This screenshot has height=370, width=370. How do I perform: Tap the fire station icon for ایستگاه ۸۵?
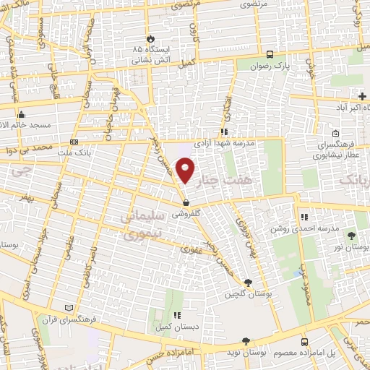coord(150,38)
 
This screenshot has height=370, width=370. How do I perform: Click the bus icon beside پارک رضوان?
coord(270,54)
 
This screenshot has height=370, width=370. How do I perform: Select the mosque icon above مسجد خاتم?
coord(22,114)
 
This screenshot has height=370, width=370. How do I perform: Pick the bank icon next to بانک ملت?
coord(74,142)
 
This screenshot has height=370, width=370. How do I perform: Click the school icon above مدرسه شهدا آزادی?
coord(224,132)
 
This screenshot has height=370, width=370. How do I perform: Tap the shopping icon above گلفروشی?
coord(186,204)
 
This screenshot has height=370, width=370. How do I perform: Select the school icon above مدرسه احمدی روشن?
coord(304,215)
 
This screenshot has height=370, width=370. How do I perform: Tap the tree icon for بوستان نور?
coord(352,236)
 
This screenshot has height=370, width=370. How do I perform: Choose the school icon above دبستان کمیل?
coord(177,315)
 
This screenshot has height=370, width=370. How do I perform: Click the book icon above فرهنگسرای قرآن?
coord(69,307)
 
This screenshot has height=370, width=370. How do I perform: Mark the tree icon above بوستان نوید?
coord(246,341)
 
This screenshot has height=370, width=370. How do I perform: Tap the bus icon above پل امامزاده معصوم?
coord(304,341)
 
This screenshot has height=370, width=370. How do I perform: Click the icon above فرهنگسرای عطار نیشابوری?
coord(336,133)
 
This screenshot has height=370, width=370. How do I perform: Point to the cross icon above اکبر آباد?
coord(362,96)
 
